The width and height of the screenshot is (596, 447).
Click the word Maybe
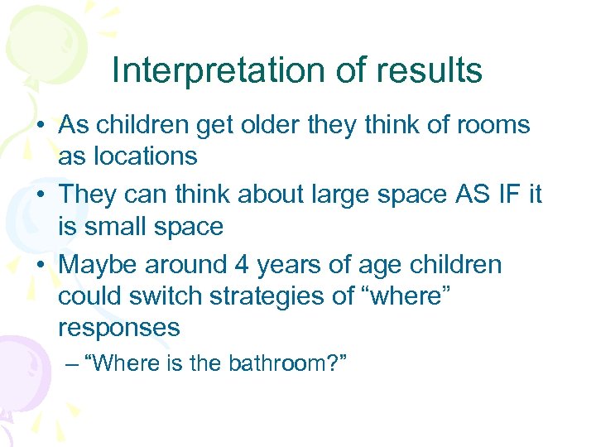[99, 265]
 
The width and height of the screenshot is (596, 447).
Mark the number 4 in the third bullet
[241, 265]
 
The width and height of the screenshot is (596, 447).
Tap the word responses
[118, 328]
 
